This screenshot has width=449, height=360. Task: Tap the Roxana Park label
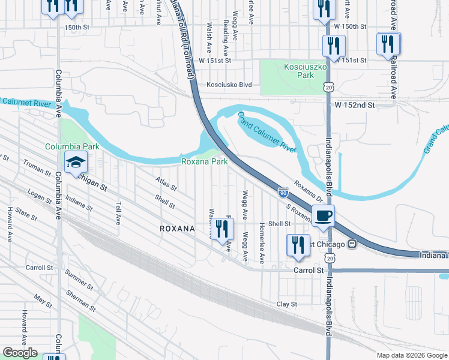205,161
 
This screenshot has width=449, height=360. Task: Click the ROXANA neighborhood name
177,229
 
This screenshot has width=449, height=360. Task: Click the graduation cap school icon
76,161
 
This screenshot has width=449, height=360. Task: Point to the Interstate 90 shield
283,193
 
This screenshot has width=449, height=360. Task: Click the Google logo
20,353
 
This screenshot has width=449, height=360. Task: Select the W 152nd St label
354,105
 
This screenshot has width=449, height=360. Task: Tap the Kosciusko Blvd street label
229,85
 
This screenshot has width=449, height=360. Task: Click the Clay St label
287,304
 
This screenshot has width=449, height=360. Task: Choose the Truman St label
36,167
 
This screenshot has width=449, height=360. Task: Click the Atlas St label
166,184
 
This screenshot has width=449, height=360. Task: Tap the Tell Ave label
118,211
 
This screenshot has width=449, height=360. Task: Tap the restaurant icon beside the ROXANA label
223,229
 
